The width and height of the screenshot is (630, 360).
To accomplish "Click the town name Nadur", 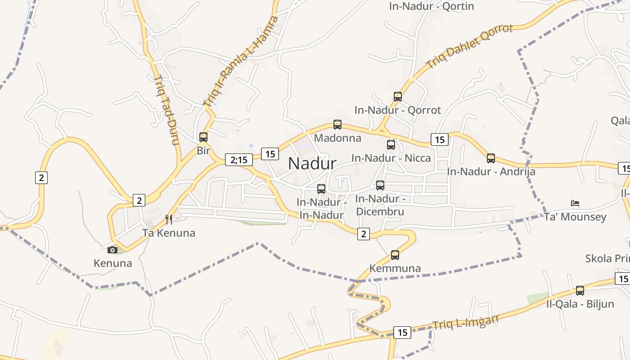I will (312, 163).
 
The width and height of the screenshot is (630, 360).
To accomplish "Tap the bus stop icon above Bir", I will (203, 137).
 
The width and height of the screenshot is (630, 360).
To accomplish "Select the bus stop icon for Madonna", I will (337, 125).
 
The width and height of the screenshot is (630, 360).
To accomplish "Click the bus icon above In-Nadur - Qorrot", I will (397, 96).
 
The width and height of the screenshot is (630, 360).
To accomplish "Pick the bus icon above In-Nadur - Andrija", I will (490, 158).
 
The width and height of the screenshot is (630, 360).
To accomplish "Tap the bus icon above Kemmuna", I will (395, 255).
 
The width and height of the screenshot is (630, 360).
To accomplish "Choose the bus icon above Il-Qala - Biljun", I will (580, 291).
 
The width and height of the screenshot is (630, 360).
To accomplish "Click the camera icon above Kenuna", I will (112, 250).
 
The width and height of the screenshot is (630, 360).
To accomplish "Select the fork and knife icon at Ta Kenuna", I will (169, 220).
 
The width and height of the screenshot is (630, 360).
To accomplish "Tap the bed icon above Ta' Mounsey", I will (575, 203).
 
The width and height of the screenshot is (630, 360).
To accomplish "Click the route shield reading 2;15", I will (238, 160).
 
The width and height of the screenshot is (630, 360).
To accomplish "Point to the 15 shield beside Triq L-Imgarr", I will (402, 333).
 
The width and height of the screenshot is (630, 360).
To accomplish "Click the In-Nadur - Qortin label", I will (431, 6).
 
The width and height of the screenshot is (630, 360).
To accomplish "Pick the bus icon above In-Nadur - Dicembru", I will (380, 185).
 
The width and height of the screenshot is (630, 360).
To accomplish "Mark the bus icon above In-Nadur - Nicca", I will (391, 145).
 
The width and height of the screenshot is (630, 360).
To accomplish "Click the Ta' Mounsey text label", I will (575, 217).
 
